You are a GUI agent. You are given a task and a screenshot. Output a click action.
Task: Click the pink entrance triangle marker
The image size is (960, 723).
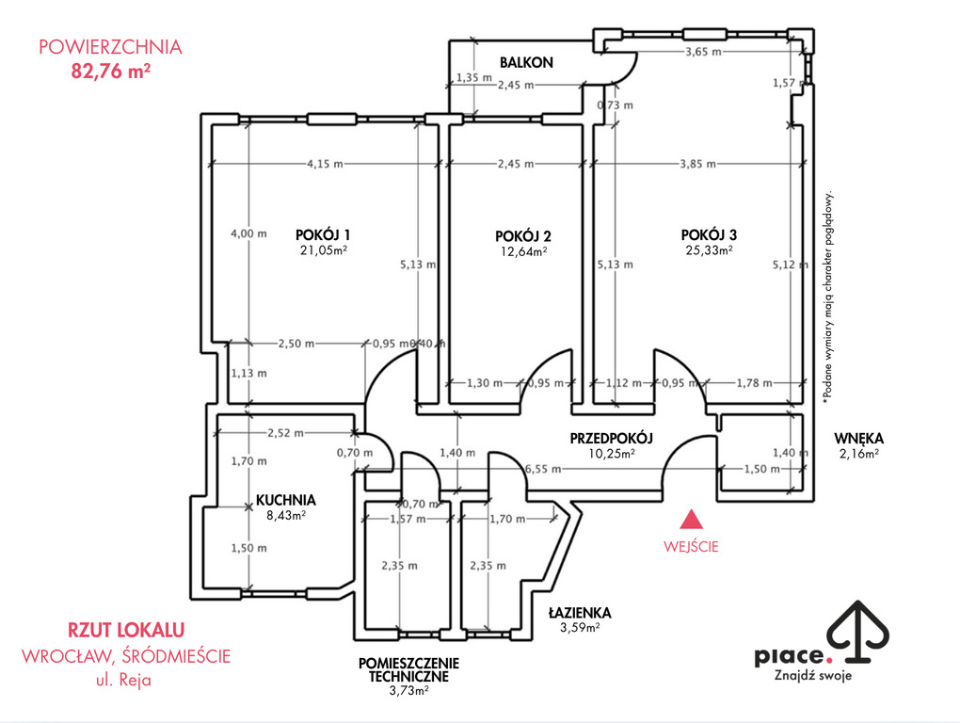point(692,519)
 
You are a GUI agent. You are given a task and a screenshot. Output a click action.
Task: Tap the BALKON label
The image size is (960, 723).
point(526,62)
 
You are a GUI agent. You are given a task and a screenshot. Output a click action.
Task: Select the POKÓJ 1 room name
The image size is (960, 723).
point(323,234)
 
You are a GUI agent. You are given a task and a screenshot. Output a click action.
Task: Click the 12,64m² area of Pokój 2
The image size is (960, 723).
point(524,251)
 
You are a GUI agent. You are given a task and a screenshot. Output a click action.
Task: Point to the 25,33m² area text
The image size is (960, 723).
point(709,249)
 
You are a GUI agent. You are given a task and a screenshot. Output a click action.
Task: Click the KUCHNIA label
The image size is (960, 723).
point(286,500)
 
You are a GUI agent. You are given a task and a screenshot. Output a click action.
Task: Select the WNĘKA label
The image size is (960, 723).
point(859,439)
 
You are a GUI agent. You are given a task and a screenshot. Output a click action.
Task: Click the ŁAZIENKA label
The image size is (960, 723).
point(579,613)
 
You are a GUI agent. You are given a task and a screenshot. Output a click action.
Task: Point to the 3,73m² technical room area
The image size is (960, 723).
point(408,691)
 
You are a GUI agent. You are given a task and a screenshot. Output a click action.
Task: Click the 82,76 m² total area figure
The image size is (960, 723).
point(111,71)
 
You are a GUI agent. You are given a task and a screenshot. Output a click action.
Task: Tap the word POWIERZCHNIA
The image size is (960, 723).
point(110,47)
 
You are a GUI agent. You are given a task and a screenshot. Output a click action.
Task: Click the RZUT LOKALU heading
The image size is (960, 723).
point(126,630)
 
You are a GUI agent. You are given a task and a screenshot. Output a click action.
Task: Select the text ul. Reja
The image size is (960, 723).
point(123,680)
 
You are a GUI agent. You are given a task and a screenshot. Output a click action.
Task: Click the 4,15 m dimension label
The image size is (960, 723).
point(325,164)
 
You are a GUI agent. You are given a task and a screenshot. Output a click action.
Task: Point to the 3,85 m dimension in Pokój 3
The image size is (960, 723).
point(697,164)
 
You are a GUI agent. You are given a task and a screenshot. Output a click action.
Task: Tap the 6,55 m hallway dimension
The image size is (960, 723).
point(542,469)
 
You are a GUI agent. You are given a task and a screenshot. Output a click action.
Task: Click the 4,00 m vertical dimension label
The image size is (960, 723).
point(248,233)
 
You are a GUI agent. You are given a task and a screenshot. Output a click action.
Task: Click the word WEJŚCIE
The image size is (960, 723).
point(691,547)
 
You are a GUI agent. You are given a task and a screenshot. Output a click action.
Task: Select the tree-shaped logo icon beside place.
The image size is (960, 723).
point(857,632)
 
